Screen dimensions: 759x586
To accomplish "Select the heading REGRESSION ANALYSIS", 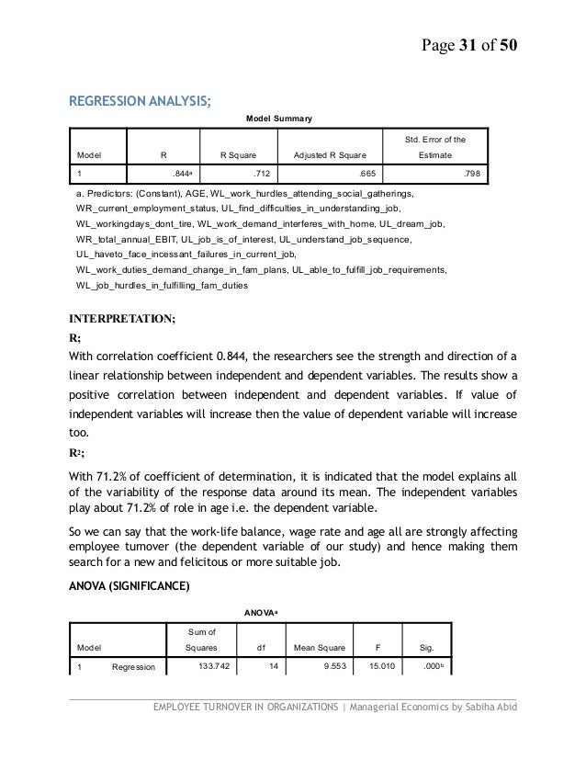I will point(141,100).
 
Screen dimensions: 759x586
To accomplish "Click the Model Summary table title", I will point(280,119).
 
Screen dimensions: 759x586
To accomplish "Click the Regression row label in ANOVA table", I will point(133,667).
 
